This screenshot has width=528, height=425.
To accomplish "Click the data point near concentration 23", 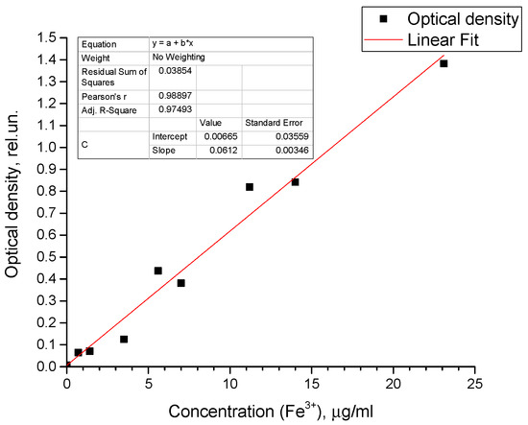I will (444, 63).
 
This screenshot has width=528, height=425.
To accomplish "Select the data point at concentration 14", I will (295, 181).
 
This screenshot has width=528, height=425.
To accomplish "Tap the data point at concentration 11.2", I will (250, 187).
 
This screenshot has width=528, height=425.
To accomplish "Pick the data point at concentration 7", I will (180, 283).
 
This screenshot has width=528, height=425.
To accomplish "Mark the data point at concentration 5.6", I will (158, 271).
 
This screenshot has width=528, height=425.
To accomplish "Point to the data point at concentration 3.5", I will (124, 339).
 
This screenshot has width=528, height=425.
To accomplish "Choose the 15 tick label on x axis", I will (312, 385).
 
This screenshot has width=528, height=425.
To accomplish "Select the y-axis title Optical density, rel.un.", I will (13, 201).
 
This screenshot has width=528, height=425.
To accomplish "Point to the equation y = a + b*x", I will (181, 44).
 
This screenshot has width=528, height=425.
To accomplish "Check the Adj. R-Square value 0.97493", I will (173, 111).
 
